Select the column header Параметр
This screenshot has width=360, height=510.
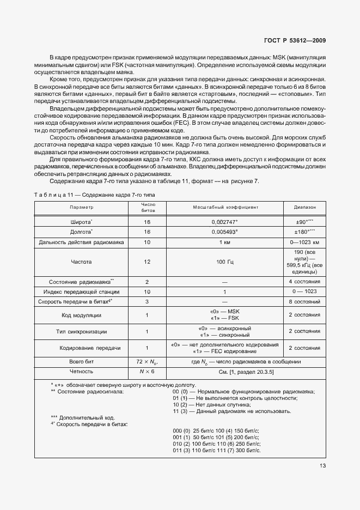[81, 208]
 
